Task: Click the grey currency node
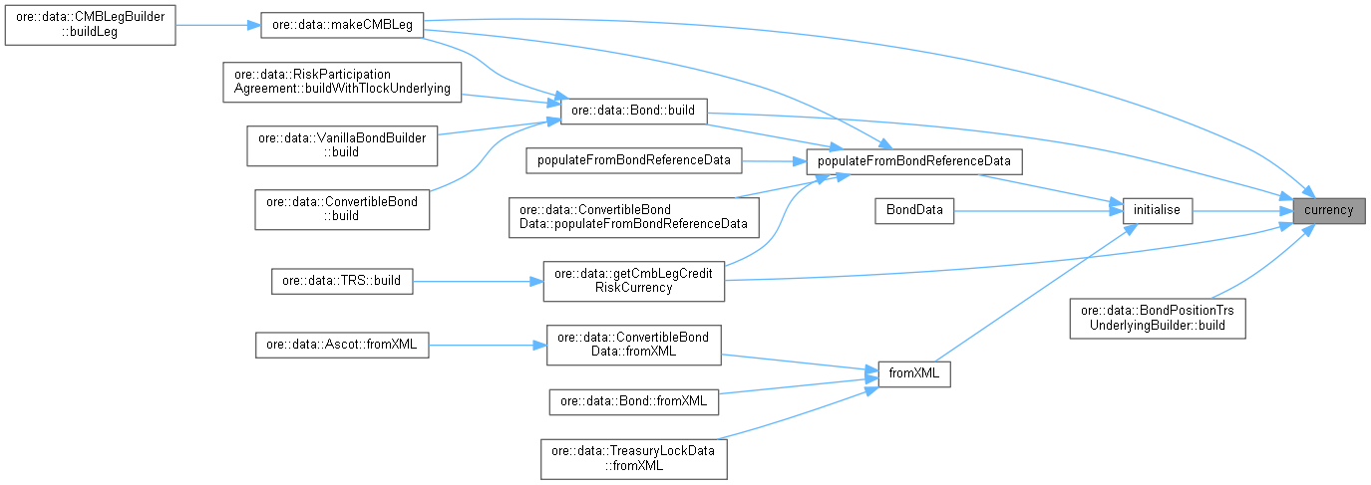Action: tap(1328, 210)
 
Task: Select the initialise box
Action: tap(1157, 210)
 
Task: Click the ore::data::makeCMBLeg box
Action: tap(342, 26)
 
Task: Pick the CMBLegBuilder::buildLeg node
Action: tap(90, 26)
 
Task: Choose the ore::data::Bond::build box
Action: tap(634, 109)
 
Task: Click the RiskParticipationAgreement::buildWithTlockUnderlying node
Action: tap(341, 82)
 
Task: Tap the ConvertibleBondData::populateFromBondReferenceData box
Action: tap(633, 217)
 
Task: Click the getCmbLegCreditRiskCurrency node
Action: tap(633, 281)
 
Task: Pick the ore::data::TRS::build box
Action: tap(341, 281)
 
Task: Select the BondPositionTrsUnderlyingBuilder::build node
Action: tap(1157, 318)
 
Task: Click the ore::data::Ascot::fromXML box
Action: tap(342, 346)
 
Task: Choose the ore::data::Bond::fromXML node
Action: tap(633, 401)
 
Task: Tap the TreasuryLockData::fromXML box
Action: tap(633, 457)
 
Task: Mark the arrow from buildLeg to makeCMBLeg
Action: tap(217, 26)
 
